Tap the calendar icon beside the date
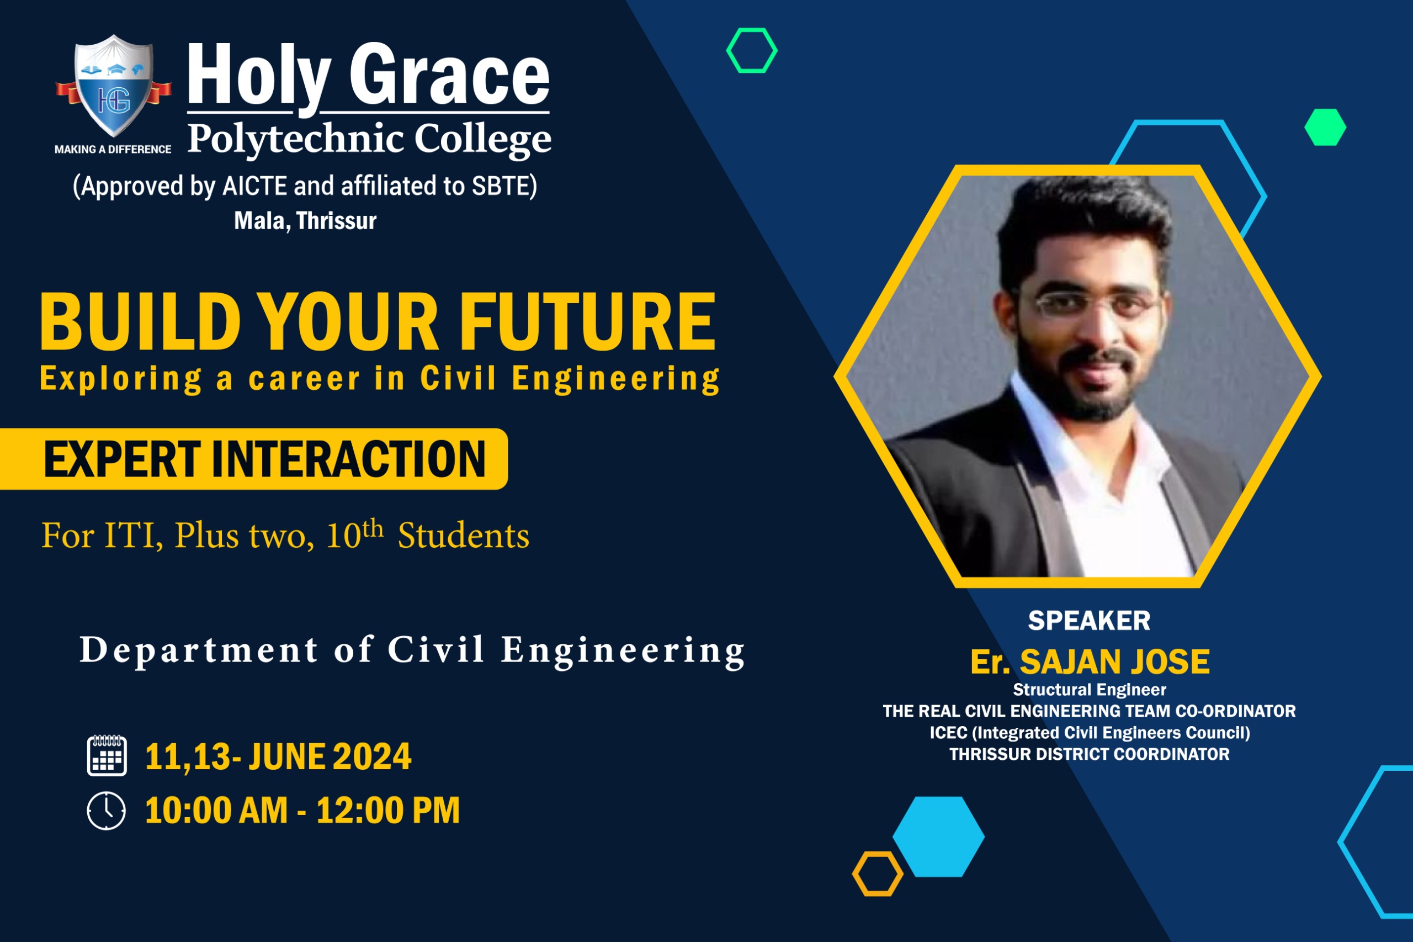coord(107,755)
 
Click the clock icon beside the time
coord(107,811)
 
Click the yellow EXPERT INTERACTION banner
coord(254,459)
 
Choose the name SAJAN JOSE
coord(1114,661)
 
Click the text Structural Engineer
coord(1090,689)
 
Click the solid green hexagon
coord(1325,127)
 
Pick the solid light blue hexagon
coord(938,837)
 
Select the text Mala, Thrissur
coord(305,221)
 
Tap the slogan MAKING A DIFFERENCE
coord(113,149)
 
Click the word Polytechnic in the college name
coord(295,139)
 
